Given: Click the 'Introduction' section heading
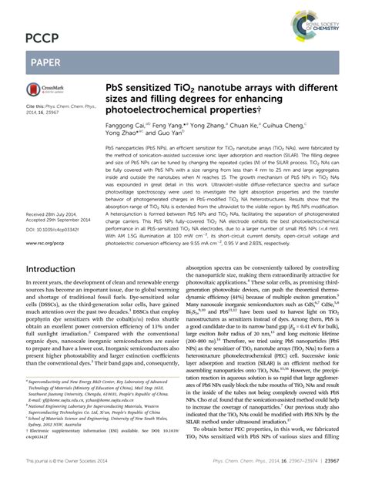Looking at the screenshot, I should (56, 247).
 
